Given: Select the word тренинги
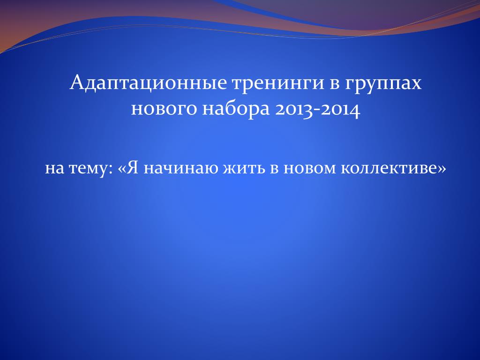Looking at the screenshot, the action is (x=278, y=84).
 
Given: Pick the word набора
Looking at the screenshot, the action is (x=236, y=109).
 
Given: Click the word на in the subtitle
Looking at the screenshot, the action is (x=54, y=169).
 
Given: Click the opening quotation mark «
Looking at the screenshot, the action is (x=121, y=169).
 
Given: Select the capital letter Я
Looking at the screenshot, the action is (x=132, y=167).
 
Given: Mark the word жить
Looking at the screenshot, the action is (x=243, y=169).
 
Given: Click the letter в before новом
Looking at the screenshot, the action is (x=274, y=169).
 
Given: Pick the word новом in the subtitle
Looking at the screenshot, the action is (x=310, y=169).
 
